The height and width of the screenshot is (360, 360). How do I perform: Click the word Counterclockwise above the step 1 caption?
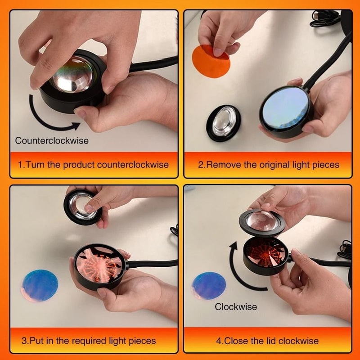pos(52,140)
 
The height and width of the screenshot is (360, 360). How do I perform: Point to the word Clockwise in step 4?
pos(236,307)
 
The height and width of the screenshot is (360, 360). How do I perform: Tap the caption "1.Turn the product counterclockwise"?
pos(94,165)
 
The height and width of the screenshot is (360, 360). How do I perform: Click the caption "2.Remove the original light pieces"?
pos(269,165)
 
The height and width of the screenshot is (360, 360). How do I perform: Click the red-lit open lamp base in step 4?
pos(266,254)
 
